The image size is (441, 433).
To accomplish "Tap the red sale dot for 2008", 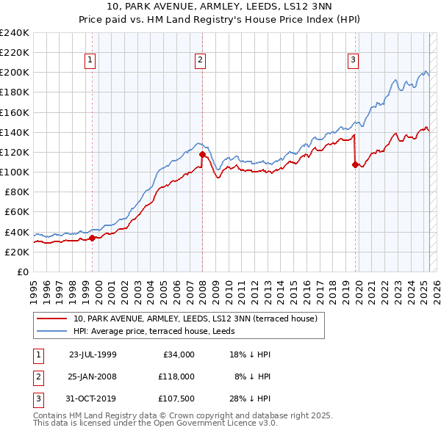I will (x=203, y=154).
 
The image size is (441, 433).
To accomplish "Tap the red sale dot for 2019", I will (x=356, y=164).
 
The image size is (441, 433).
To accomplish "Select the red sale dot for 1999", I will (x=93, y=238).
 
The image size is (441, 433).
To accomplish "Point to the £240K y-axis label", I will (x=15, y=33).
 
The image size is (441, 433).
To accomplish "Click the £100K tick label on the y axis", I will (x=15, y=172).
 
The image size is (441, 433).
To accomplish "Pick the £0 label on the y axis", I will (x=21, y=272).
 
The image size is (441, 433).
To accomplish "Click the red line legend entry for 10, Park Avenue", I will (x=195, y=319).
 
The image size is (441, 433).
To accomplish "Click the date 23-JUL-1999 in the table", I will (x=93, y=354).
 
